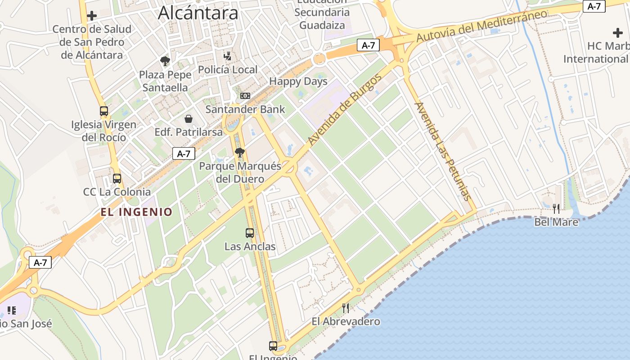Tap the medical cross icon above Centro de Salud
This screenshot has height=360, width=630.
point(92,16)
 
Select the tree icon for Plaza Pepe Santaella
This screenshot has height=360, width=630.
point(165,61)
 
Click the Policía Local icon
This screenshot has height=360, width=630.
point(228,56)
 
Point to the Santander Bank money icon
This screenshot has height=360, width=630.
point(245,96)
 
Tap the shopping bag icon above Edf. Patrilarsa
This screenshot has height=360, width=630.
point(189,119)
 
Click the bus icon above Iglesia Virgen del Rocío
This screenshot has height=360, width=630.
point(104,111)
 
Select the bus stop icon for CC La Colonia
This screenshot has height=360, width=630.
point(117,178)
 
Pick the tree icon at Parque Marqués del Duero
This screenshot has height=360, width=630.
point(240,153)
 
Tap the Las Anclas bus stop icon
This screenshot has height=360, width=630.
point(250,233)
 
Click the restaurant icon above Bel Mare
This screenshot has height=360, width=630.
point(556,208)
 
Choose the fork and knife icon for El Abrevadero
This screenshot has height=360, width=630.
point(346,308)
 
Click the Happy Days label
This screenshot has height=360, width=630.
point(298,81)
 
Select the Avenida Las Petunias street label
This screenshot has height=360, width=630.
point(442,151)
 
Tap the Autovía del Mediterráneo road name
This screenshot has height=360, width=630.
point(481,26)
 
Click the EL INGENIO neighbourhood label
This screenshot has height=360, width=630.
point(136,212)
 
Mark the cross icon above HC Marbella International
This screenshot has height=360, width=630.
point(618,33)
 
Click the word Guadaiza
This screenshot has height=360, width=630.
point(322,25)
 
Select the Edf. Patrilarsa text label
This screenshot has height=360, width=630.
point(189,132)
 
